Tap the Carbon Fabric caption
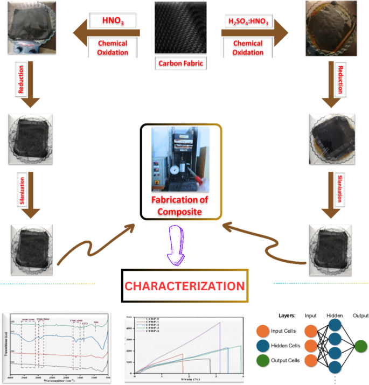click(181, 63)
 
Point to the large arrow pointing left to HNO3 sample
click(102, 32)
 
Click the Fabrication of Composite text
click(180, 206)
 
